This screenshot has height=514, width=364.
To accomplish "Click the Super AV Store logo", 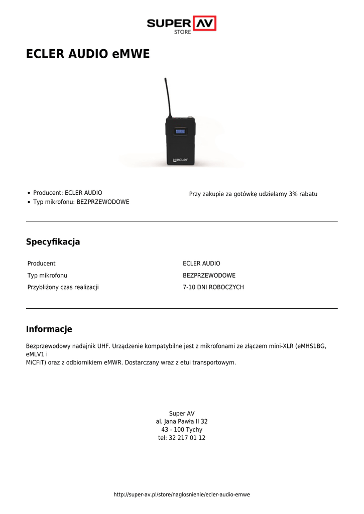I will [x=181, y=24].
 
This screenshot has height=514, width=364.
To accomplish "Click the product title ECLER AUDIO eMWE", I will [x=88, y=54].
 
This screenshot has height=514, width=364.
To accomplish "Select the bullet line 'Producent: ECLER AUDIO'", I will [x=67, y=193].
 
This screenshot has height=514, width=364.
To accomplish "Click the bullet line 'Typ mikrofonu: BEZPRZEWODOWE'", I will [x=81, y=202].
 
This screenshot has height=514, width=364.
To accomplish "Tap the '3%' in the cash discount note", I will [x=294, y=194].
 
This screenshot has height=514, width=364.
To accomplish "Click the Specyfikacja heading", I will [x=53, y=242].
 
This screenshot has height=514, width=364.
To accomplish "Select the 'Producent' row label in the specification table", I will [x=41, y=264].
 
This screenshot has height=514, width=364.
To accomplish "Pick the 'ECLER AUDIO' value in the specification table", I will [x=201, y=264].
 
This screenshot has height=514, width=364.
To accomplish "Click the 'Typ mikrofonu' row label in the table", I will [x=47, y=276].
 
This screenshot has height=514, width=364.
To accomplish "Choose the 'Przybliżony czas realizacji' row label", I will [x=63, y=288].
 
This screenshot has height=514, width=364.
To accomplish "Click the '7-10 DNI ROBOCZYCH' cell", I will [x=213, y=288].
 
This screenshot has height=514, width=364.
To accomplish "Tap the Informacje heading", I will [x=49, y=329].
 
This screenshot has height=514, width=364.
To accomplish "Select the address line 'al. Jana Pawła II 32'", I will [x=182, y=422].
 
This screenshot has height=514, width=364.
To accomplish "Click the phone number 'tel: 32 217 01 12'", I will [x=182, y=438].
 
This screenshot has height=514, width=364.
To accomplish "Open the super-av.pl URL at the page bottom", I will [x=182, y=494].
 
